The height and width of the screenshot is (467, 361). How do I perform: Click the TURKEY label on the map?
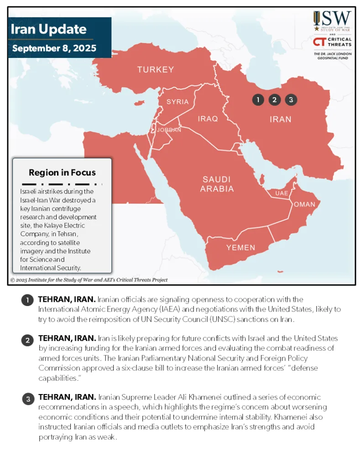[156, 70]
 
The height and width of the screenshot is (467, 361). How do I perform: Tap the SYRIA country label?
[178, 102]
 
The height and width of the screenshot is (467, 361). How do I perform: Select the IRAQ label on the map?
[208, 119]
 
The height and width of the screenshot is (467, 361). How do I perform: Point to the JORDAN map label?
[169, 130]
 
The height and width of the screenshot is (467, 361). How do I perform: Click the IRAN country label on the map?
[280, 119]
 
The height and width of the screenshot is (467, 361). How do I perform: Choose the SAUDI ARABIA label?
[217, 184]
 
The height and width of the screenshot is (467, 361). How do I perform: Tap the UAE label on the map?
[282, 193]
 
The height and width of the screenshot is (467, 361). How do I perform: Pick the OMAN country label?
[304, 204]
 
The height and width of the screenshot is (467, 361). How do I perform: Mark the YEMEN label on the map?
[241, 248]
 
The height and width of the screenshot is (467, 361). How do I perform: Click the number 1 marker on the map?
[258, 100]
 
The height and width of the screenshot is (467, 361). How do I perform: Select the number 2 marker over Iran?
[274, 100]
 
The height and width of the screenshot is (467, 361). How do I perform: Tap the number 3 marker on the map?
[291, 100]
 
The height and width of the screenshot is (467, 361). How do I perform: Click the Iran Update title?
[48, 30]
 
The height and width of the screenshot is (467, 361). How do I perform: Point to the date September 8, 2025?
[54, 48]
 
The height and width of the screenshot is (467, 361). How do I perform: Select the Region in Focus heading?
[62, 172]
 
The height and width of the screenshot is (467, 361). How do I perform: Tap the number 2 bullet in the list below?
[27, 340]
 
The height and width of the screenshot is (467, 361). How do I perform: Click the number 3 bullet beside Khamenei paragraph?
[27, 399]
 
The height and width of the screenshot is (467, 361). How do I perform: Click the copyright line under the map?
[89, 280]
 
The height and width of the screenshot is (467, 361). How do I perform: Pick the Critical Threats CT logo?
[319, 42]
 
